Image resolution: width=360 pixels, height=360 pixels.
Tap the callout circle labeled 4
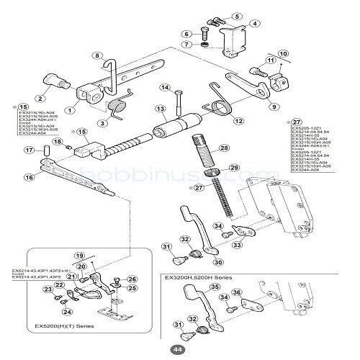click(254, 24)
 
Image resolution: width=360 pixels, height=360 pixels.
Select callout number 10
click(283, 53)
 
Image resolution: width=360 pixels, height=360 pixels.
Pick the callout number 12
click(238, 121)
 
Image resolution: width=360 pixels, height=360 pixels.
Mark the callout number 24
click(68, 312)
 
